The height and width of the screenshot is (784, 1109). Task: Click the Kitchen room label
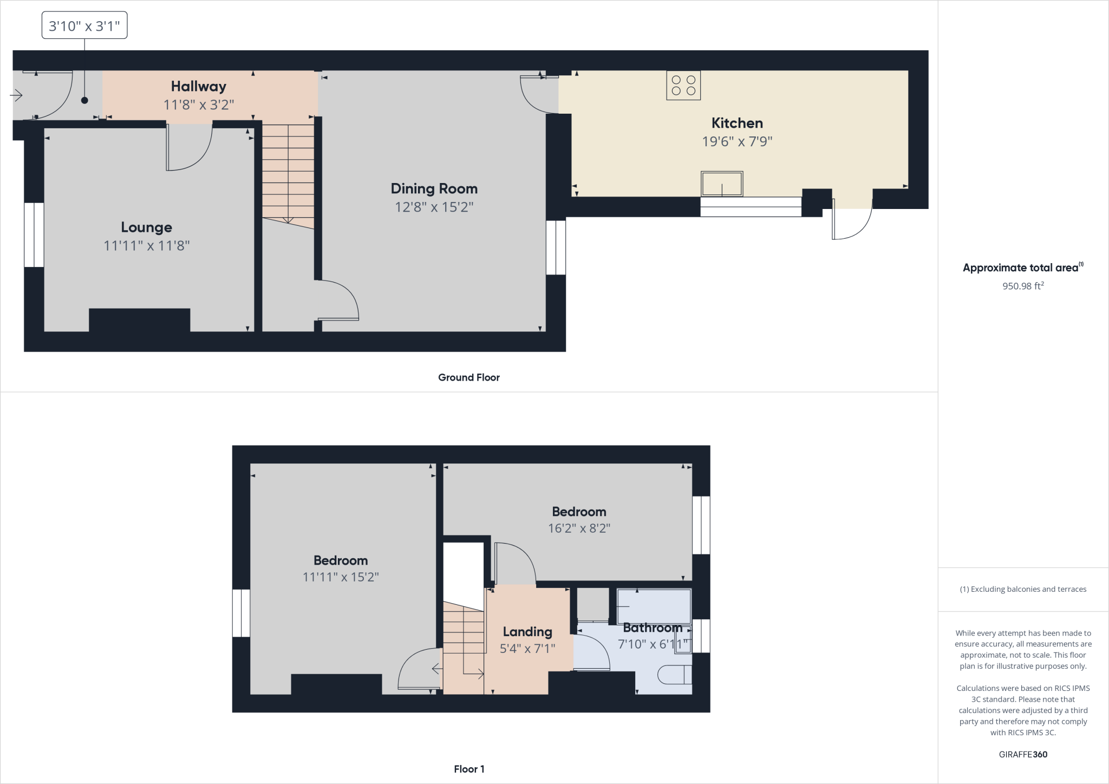(737, 123)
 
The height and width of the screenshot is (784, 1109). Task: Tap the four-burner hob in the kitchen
(683, 86)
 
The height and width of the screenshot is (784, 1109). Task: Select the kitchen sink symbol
(722, 184)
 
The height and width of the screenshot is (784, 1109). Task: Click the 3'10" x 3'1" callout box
(84, 25)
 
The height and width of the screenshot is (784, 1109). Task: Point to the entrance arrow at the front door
(16, 96)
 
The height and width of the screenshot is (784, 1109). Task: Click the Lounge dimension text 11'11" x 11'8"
(147, 246)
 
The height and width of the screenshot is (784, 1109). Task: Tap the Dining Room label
(434, 189)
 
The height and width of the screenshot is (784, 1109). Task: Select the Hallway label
(199, 86)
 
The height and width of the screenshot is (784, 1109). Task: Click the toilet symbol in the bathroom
(675, 675)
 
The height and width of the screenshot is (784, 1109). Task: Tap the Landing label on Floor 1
(527, 632)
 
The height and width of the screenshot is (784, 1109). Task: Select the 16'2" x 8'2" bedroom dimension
(579, 528)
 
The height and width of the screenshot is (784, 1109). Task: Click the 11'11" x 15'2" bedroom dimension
(341, 577)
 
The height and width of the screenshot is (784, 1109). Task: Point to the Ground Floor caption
(469, 377)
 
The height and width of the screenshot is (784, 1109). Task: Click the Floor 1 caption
(469, 769)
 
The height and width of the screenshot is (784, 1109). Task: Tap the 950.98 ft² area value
(1023, 286)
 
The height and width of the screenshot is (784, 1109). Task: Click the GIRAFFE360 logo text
(1023, 754)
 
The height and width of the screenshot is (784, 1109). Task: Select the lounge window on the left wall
(34, 235)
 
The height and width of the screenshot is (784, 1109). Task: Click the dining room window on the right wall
(556, 247)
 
